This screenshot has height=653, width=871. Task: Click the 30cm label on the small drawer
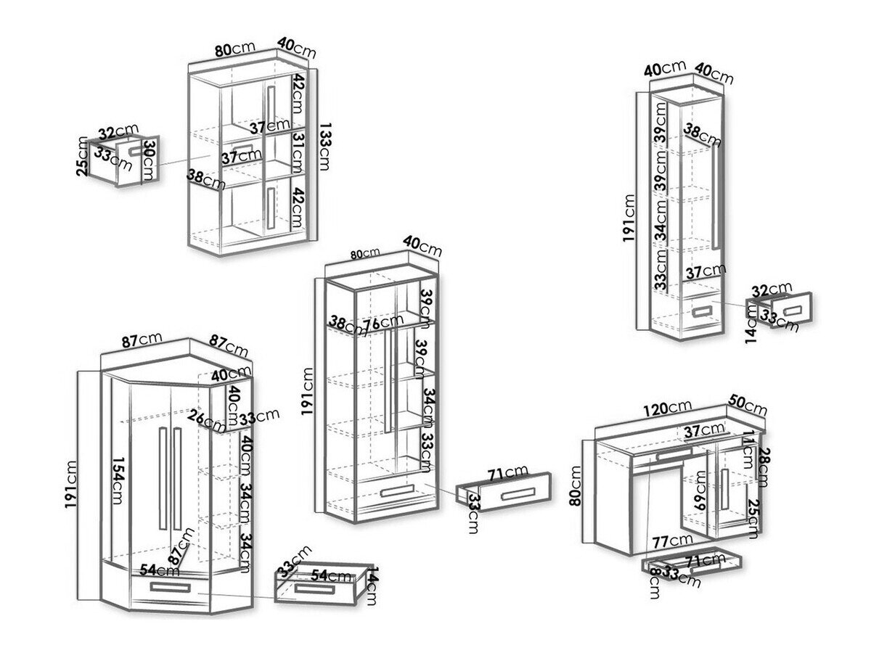click(150, 155)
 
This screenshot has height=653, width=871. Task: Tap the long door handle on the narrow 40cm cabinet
click(716, 196)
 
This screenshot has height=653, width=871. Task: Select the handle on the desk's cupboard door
click(724, 490)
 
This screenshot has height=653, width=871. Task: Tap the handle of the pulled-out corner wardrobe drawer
click(316, 587)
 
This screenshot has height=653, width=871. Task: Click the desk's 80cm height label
click(576, 485)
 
